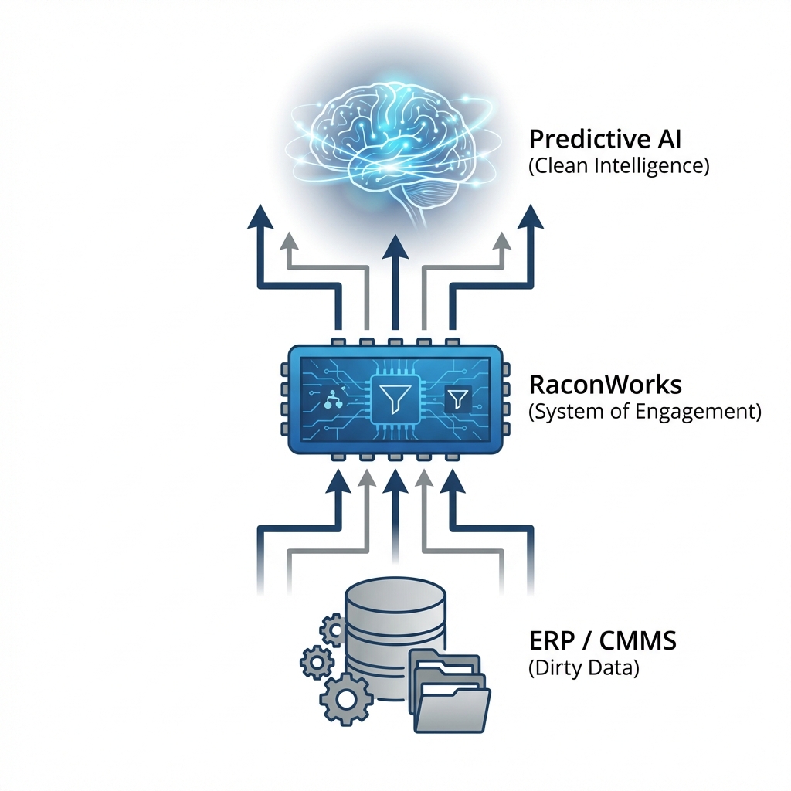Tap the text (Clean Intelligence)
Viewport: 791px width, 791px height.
click(619, 166)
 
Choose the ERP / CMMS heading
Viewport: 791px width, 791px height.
click(604, 641)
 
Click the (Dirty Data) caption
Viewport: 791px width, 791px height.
click(584, 668)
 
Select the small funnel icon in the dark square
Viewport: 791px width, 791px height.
click(457, 399)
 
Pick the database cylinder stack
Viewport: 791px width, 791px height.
click(395, 633)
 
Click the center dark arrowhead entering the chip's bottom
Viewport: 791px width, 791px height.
click(395, 482)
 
